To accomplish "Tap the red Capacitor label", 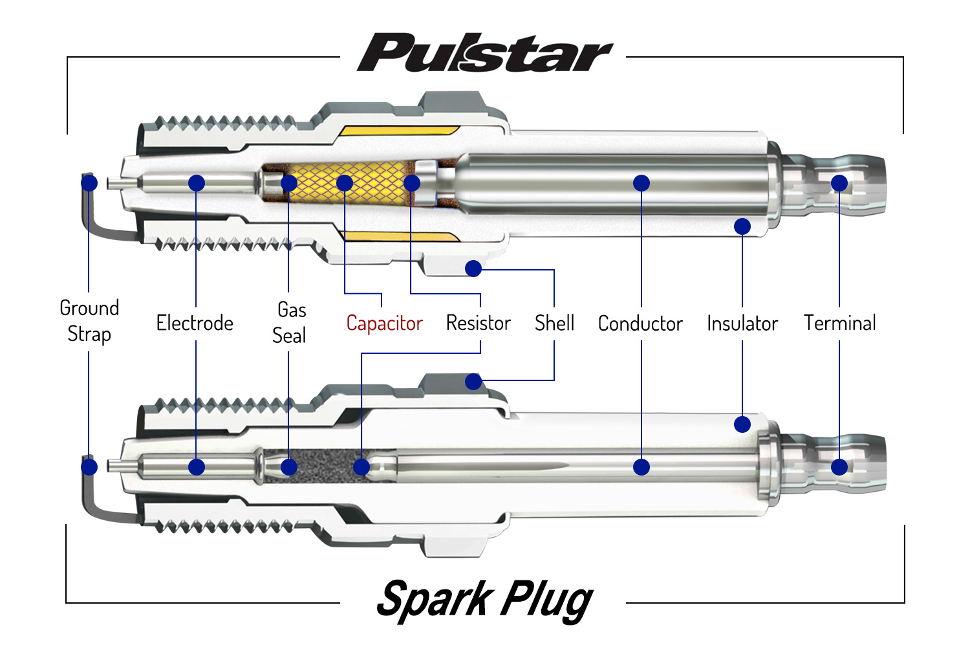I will (x=384, y=323).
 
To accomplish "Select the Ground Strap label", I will (x=89, y=321).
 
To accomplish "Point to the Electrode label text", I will (x=195, y=323).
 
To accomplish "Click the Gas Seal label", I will (x=290, y=322).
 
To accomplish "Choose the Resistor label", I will (x=479, y=323).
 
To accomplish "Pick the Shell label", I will (x=554, y=323).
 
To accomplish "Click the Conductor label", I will (x=640, y=323).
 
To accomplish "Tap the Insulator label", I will (x=742, y=323).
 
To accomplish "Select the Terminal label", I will (x=839, y=323).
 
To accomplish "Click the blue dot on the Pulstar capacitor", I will (x=345, y=183).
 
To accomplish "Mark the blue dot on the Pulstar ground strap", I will (x=89, y=183).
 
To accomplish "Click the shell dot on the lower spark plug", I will (x=473, y=382).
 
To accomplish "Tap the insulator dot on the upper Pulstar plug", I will (x=742, y=226).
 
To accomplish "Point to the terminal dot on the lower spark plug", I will (x=839, y=467).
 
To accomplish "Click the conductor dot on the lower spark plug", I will (x=641, y=467).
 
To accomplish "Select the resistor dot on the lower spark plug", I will (x=361, y=467).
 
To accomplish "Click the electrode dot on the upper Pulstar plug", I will (x=197, y=183).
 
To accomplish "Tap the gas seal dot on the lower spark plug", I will (x=289, y=467).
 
